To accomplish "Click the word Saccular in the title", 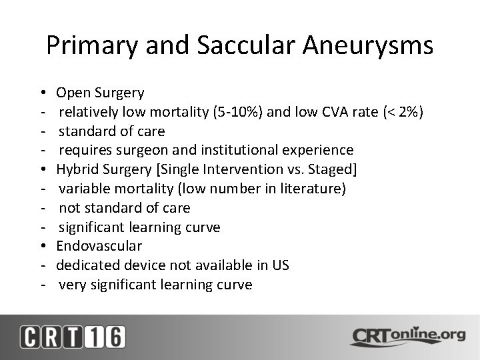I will [246, 45].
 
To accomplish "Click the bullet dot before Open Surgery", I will [41, 92].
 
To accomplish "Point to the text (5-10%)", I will [238, 111].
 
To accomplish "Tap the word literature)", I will [313, 189].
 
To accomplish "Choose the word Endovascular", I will [99, 246].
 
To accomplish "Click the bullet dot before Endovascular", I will [41, 246].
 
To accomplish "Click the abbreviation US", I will [281, 265].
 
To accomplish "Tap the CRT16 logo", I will [72, 337].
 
